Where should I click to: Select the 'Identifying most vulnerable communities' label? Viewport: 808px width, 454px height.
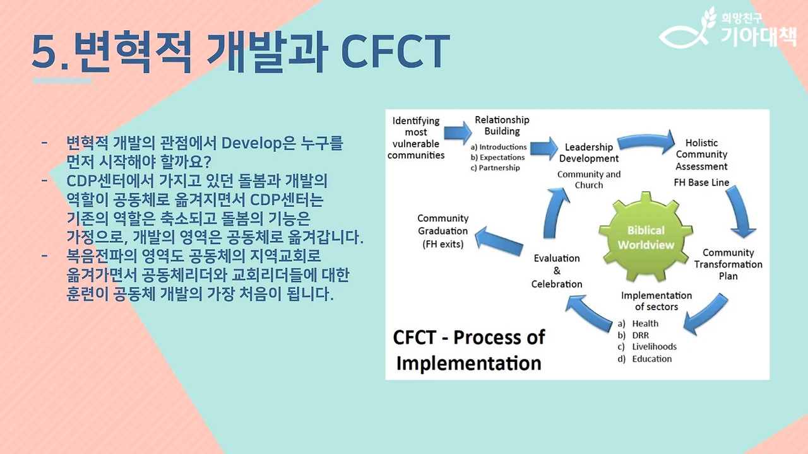click(x=416, y=137)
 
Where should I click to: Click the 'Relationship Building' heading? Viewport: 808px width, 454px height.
click(x=502, y=125)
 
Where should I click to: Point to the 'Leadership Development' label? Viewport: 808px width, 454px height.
click(x=589, y=153)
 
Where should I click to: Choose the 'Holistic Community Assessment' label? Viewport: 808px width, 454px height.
click(x=701, y=154)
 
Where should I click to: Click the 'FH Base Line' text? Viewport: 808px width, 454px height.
click(x=701, y=183)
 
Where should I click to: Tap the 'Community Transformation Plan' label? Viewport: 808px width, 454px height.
click(x=728, y=264)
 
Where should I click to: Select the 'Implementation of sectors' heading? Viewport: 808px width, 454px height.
click(x=656, y=301)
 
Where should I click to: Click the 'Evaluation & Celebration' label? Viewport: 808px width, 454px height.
click(x=557, y=271)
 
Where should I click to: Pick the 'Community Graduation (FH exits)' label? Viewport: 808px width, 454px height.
click(x=443, y=231)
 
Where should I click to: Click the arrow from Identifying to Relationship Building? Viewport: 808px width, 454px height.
click(x=458, y=132)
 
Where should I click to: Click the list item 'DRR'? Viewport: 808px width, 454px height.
click(x=640, y=335)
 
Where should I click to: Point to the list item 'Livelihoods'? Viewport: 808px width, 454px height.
click(x=654, y=347)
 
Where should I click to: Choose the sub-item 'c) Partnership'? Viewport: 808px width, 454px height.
click(x=496, y=168)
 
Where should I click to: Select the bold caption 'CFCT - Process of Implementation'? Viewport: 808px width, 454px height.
click(x=468, y=350)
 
